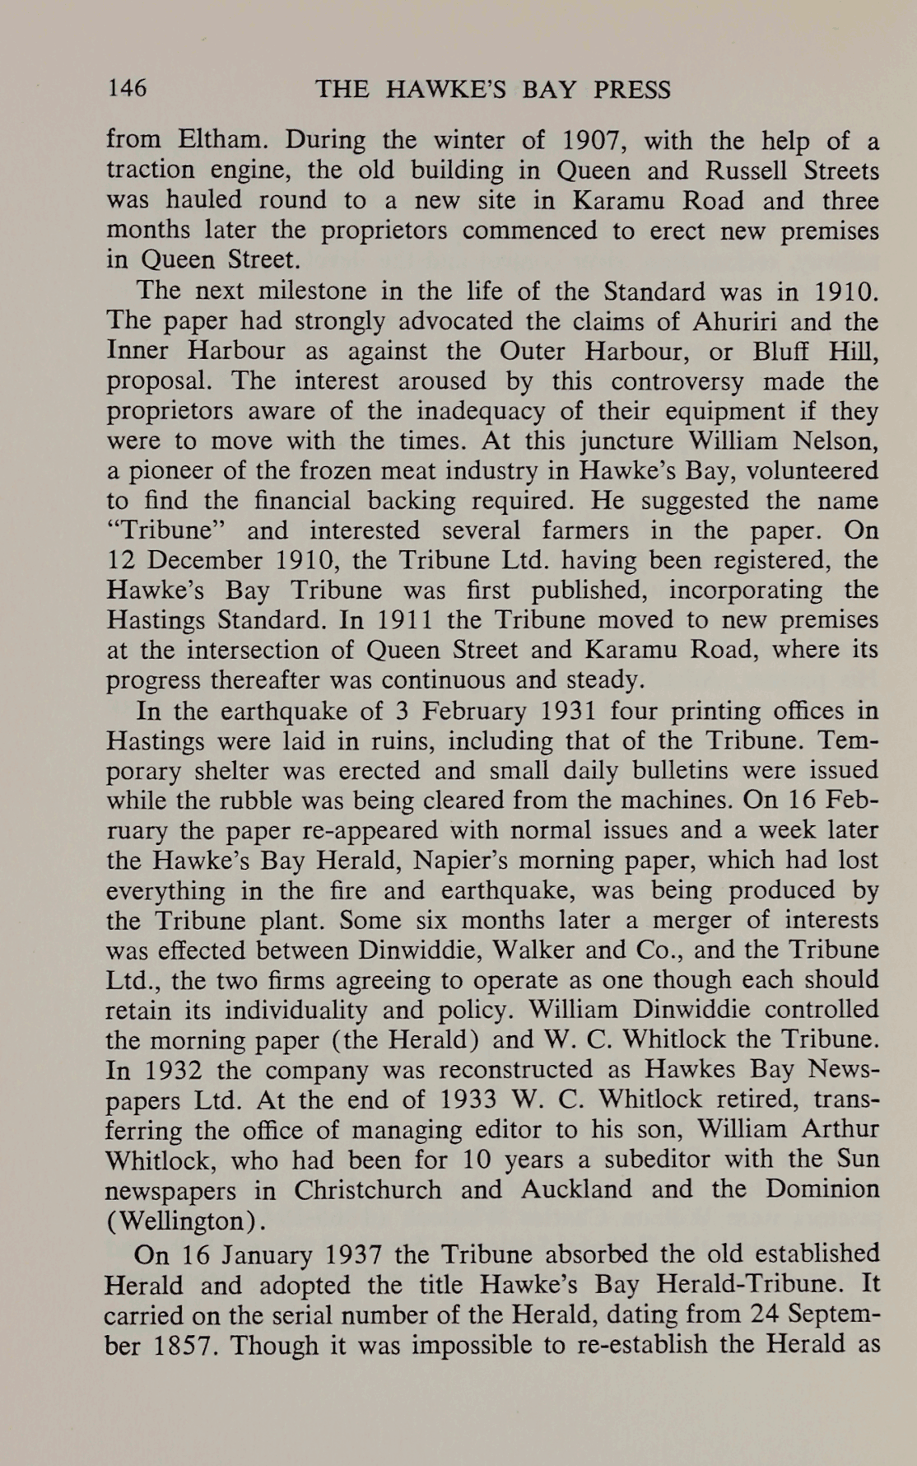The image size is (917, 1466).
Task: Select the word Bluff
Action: tap(782, 351)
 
